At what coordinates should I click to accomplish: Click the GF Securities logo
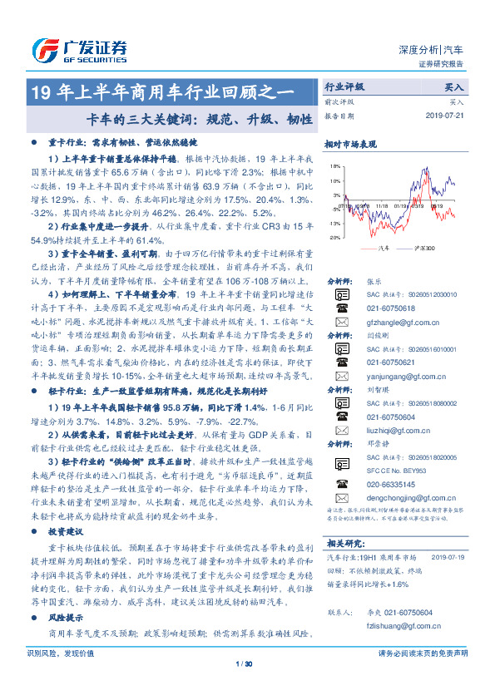coord(78,49)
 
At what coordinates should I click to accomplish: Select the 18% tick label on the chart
coord(334,166)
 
